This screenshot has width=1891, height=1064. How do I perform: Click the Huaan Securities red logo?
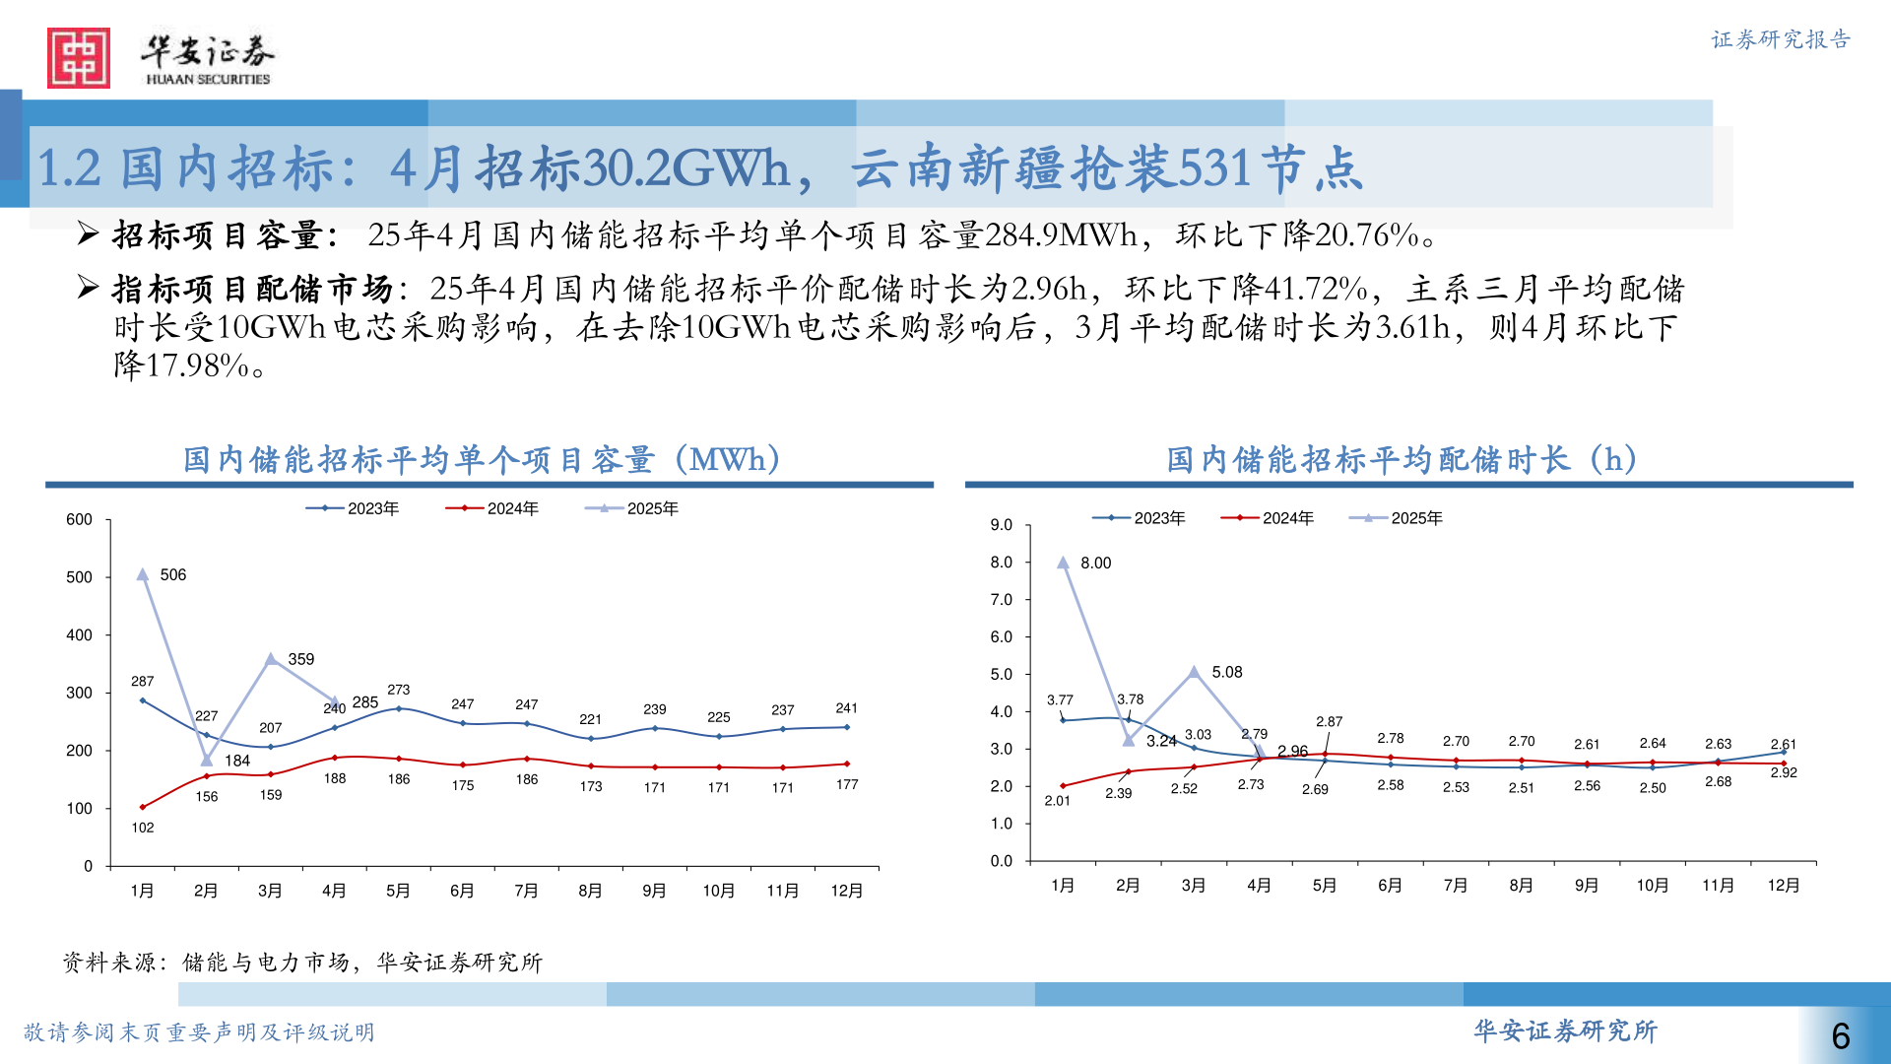pyautogui.click(x=79, y=58)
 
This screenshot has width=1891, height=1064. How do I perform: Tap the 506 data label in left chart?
pyautogui.click(x=173, y=575)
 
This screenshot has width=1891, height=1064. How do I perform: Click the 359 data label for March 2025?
pyautogui.click(x=301, y=660)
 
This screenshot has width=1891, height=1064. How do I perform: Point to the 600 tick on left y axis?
pyautogui.click(x=80, y=520)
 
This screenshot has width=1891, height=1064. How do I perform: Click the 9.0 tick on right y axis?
pyautogui.click(x=1002, y=525)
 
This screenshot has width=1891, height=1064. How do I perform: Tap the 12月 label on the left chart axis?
pyautogui.click(x=847, y=892)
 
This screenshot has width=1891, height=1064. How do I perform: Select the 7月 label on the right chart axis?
pyautogui.click(x=1456, y=886)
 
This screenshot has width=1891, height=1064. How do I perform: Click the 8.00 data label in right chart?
pyautogui.click(x=1096, y=564)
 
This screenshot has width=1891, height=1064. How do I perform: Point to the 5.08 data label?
pyautogui.click(x=1227, y=673)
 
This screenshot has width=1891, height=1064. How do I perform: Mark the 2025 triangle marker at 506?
pyautogui.click(x=143, y=574)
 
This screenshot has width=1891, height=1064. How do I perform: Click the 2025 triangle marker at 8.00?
pyautogui.click(x=1064, y=564)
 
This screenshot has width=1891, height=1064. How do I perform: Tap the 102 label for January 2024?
pyautogui.click(x=143, y=829)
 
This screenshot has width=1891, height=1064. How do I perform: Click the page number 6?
pyautogui.click(x=1841, y=1036)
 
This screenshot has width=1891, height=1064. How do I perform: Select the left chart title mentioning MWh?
pyautogui.click(x=483, y=460)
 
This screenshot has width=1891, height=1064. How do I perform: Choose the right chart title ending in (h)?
pyautogui.click(x=1402, y=460)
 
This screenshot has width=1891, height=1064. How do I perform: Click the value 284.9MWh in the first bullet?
pyautogui.click(x=1061, y=235)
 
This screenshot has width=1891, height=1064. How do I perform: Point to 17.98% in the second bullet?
pyautogui.click(x=197, y=366)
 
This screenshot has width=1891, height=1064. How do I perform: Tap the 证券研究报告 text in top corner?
pyautogui.click(x=1781, y=39)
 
